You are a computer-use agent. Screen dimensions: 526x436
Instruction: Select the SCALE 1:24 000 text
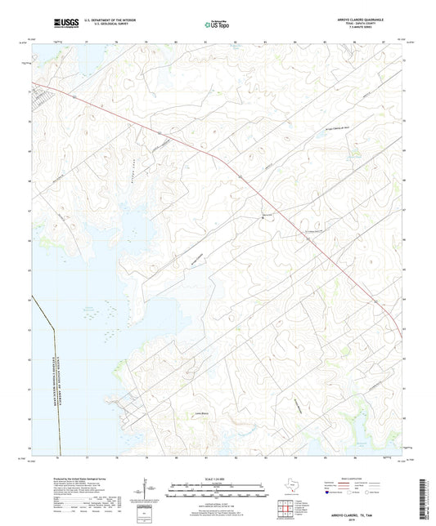coord(218,478)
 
